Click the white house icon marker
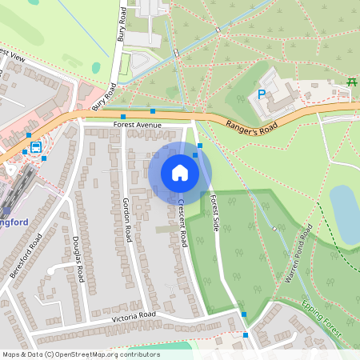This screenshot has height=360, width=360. tap(179, 173)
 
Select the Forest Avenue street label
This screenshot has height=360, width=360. tap(137, 126)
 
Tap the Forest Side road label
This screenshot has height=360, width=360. tap(214, 214)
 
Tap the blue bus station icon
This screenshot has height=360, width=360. tap(36, 148)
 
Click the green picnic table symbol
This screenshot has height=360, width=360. tap(351, 82)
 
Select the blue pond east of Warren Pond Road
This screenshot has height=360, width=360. tap(345, 214)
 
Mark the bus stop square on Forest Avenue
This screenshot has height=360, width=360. tap(123, 117)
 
